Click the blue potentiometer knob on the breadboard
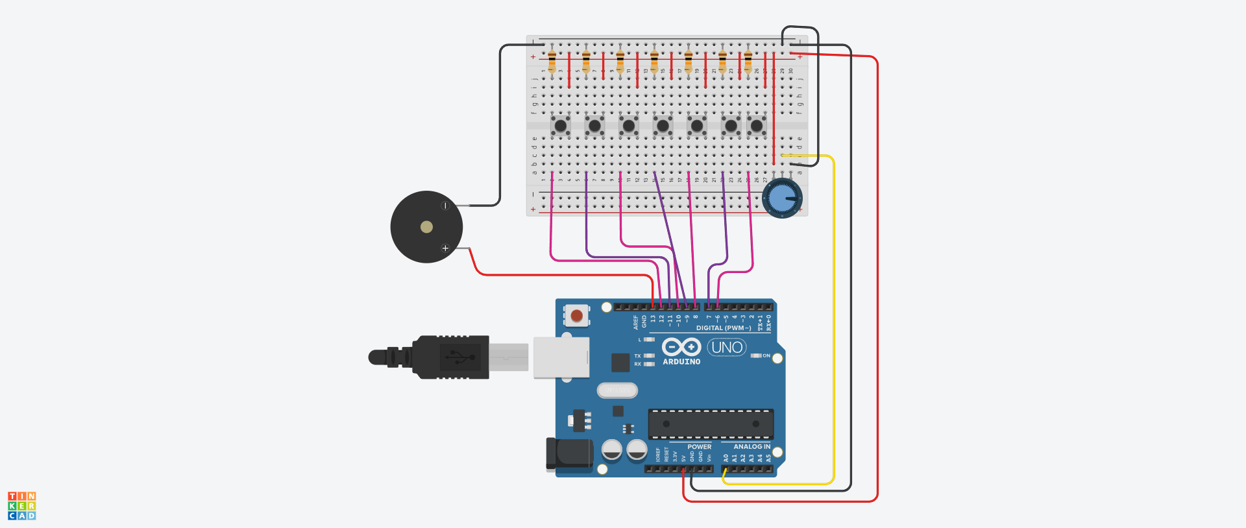coord(782,198)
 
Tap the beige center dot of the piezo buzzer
coord(426,226)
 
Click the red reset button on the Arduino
coord(576,315)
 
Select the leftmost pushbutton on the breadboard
coord(560,125)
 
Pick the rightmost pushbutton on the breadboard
coord(756,125)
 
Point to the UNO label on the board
coord(727,348)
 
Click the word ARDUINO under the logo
coord(681,362)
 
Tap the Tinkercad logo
coord(22,506)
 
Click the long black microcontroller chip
coord(711,424)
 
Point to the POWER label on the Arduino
coord(699,447)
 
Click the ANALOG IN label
coord(751,447)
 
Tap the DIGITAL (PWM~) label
coord(724,328)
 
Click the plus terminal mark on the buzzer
coord(445,248)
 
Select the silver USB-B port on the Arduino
coord(561,357)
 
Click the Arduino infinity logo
coord(681,347)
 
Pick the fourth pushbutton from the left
coord(663,125)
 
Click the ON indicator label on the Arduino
coord(766,355)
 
